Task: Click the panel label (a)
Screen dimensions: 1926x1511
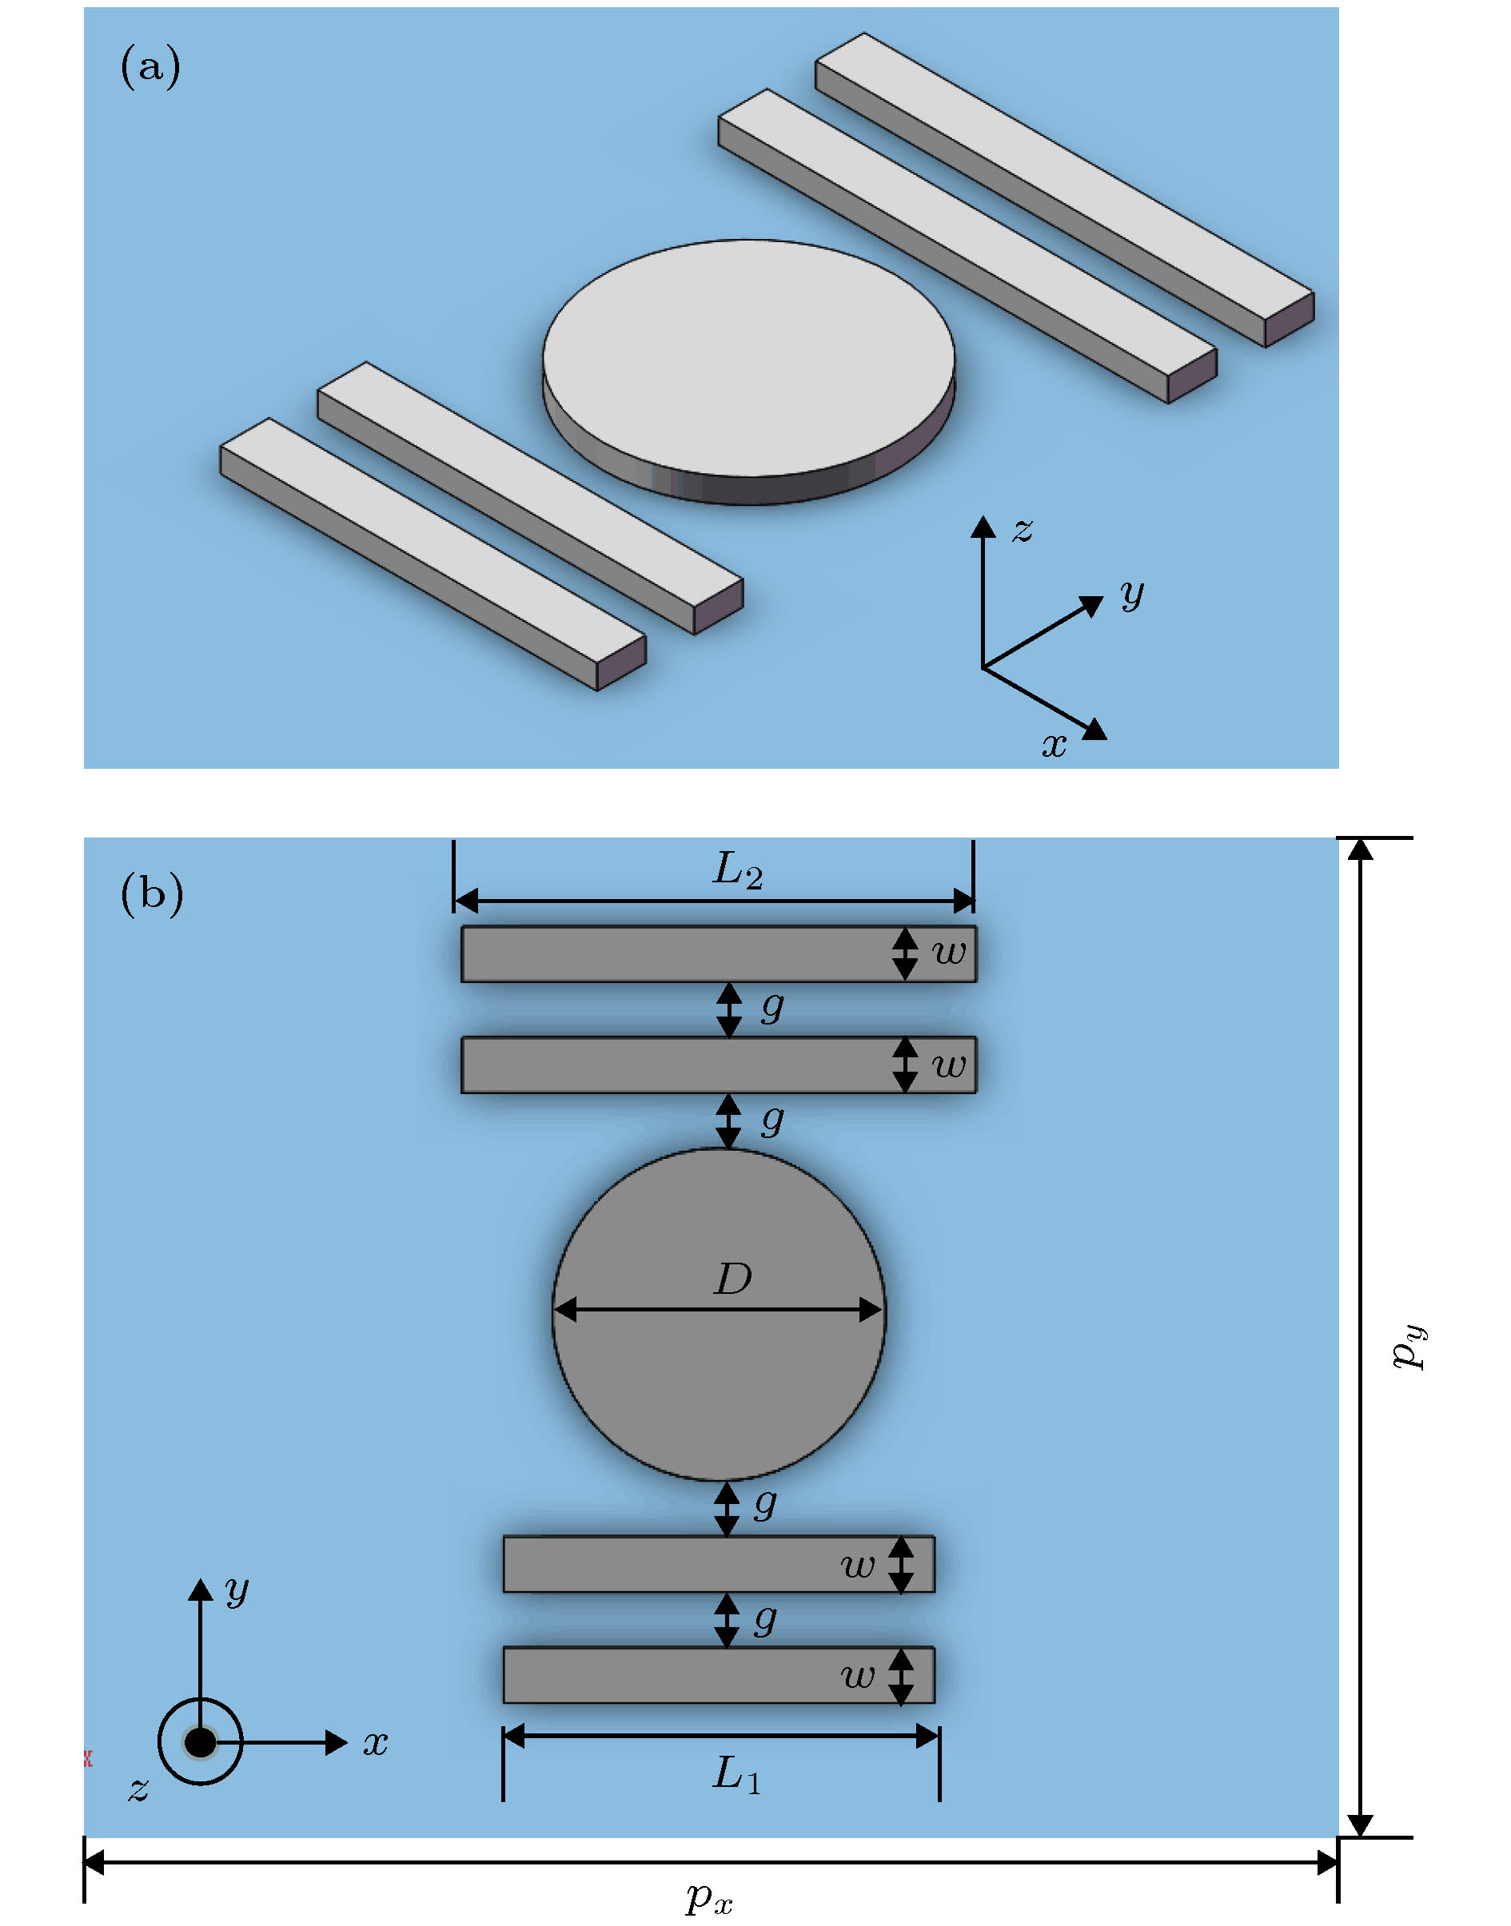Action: (x=150, y=67)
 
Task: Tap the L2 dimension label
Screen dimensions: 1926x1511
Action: (x=737, y=871)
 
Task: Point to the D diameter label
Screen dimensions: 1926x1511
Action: (x=733, y=1279)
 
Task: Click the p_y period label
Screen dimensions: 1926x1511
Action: (x=1409, y=1348)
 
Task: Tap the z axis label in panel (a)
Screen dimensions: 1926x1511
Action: (x=1023, y=530)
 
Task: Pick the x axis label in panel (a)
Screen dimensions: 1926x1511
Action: (x=1054, y=745)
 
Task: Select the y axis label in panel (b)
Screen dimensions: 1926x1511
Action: (x=237, y=1589)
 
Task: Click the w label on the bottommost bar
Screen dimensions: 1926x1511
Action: (x=857, y=1675)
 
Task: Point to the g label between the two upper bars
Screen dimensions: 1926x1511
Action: (x=772, y=1006)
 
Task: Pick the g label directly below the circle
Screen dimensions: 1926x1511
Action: (x=766, y=1503)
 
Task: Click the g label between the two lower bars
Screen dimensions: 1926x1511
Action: (x=766, y=1618)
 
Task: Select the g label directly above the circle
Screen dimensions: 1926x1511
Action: (x=772, y=1120)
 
